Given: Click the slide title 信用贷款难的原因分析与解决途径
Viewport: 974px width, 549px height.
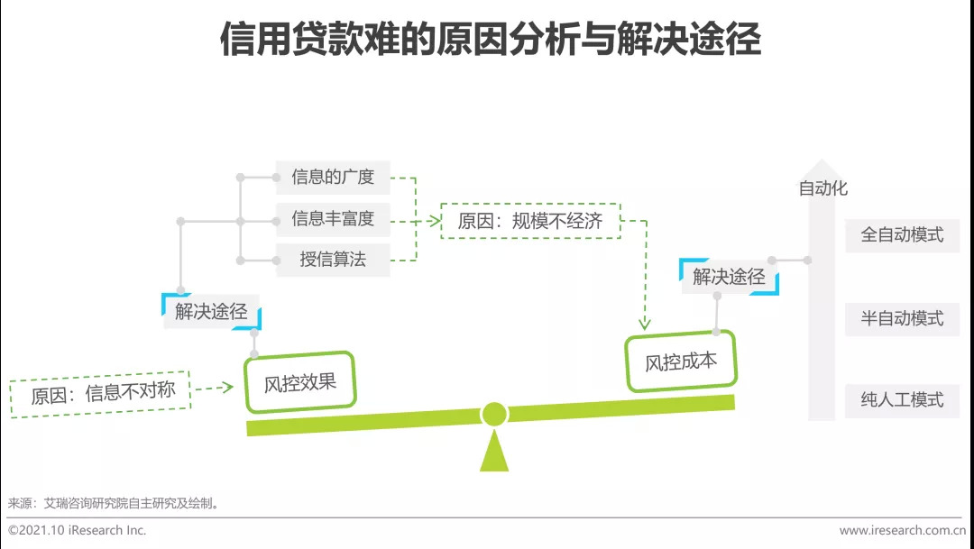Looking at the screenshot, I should tap(491, 40).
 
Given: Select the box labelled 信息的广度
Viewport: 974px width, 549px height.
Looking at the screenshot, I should tap(333, 178).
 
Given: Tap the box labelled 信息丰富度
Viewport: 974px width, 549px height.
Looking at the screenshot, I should tap(333, 219).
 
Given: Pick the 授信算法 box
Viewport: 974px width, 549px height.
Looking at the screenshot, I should tap(333, 261).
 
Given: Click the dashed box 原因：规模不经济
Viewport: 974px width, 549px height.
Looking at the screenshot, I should tap(530, 221).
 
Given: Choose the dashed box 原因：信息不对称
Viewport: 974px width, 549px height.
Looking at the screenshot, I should tap(100, 394).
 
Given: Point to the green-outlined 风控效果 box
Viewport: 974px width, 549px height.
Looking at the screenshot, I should tap(300, 383).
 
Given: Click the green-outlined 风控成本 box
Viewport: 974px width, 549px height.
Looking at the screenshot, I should tap(681, 361).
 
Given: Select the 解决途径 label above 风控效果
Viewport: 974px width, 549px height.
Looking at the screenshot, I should tap(211, 311).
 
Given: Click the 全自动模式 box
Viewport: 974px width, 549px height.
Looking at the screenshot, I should tap(902, 234).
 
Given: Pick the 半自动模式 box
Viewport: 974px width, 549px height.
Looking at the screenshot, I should tap(902, 318).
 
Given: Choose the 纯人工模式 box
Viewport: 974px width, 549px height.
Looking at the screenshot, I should tap(902, 399).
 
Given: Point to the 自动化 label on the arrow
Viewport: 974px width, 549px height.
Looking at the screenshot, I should tap(822, 189).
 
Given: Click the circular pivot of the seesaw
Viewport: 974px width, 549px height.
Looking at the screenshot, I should tap(494, 414).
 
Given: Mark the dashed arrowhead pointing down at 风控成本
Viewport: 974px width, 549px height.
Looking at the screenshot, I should tap(645, 323).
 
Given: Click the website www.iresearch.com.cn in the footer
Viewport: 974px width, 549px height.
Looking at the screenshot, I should tap(902, 530).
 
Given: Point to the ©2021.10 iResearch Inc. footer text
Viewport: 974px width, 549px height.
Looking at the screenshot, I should tap(78, 530).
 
